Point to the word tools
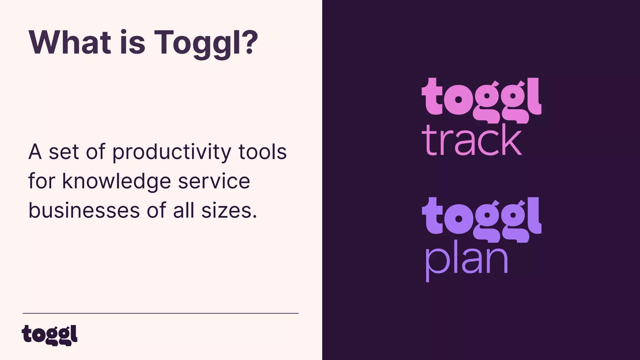262,152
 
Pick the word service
214,181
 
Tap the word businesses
84,211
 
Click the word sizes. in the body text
229,211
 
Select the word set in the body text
64,152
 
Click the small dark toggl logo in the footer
49,335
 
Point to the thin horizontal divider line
160,313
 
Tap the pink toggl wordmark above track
481,99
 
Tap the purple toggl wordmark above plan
481,219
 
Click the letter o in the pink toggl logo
458,100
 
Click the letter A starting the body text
35,152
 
